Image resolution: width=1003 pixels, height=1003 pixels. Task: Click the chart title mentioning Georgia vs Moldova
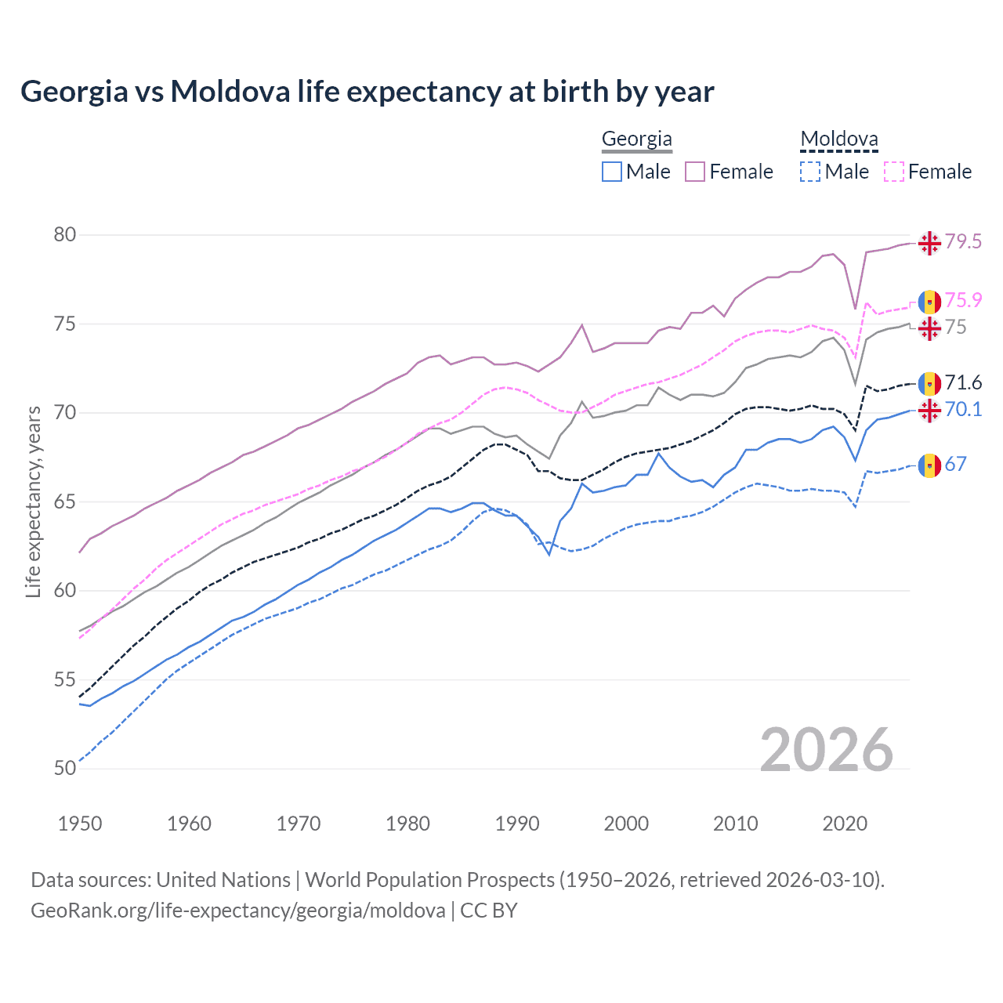(367, 92)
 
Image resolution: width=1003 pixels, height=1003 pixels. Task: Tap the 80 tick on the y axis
(65, 235)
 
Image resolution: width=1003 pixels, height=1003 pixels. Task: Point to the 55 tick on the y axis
(65, 679)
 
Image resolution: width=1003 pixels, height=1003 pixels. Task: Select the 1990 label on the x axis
(517, 824)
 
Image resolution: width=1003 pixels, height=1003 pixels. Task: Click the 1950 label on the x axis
(80, 824)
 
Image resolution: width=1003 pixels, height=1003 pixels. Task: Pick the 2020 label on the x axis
(845, 824)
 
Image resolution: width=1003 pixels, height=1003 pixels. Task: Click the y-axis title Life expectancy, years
(33, 501)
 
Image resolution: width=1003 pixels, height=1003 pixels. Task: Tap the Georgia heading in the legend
(636, 139)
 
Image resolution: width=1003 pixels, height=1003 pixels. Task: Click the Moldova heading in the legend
(838, 139)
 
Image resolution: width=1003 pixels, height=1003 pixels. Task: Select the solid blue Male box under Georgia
(612, 172)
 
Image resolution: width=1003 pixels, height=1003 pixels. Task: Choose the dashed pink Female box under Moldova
(894, 172)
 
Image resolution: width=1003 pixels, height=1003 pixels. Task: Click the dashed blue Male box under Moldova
(810, 172)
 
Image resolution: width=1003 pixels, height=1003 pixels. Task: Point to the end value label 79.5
(962, 241)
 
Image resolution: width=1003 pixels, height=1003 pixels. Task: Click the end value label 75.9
(962, 300)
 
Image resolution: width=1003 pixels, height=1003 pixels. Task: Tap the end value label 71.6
(962, 382)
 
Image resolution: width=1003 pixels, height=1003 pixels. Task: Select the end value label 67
(955, 464)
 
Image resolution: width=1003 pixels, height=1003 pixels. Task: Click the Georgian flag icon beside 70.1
(929, 410)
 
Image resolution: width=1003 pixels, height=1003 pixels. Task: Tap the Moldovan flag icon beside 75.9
(929, 301)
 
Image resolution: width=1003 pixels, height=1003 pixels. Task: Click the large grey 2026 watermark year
(827, 750)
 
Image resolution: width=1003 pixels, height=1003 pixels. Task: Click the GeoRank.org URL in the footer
(237, 911)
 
